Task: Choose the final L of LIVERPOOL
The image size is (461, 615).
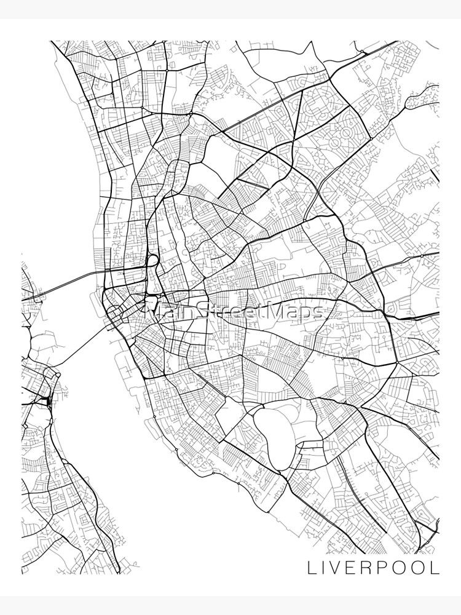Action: [435, 568]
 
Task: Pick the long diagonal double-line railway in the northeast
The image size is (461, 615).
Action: [277, 101]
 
